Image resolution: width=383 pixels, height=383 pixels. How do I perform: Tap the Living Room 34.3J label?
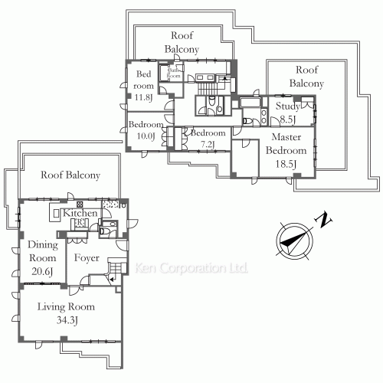click(66, 313)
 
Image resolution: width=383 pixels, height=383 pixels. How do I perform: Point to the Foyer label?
click(87, 257)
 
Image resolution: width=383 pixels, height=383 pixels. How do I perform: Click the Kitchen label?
click(80, 213)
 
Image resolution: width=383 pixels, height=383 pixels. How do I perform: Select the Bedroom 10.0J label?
click(145, 130)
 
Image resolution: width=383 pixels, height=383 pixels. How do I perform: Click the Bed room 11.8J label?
click(144, 86)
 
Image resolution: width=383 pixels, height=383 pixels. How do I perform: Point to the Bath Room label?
click(174, 74)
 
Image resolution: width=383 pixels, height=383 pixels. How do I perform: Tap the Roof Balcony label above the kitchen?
click(70, 175)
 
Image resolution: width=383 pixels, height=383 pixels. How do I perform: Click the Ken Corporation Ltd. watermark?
click(191, 270)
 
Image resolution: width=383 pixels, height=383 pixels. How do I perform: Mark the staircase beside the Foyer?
click(117, 270)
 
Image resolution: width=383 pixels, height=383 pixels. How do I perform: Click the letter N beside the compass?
click(325, 221)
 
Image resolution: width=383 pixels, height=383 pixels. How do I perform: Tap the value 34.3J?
click(66, 320)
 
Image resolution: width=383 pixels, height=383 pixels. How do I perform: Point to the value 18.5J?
click(286, 163)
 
